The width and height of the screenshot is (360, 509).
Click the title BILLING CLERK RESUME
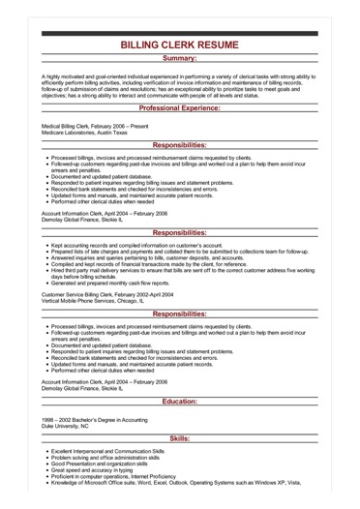pos(180,45)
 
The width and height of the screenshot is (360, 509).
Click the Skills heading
pos(180,438)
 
